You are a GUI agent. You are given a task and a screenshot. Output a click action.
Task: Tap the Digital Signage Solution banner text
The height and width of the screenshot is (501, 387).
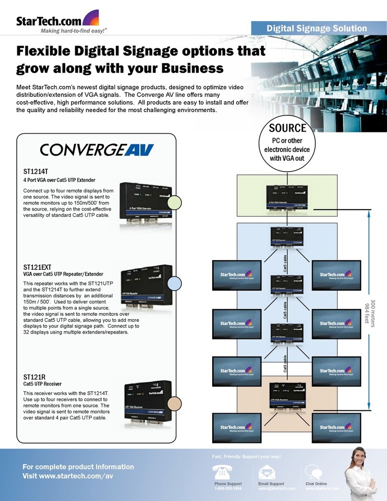pyautogui.click(x=317, y=29)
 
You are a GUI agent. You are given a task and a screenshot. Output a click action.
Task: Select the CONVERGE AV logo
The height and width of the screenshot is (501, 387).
pyautogui.click(x=96, y=151)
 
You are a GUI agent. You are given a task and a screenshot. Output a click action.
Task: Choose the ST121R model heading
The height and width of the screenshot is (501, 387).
pyautogui.click(x=34, y=377)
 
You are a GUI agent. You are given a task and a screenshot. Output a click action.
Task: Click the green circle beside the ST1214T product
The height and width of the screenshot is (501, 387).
pyautogui.click(x=175, y=202)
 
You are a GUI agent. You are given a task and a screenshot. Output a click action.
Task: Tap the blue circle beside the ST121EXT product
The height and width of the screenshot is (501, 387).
pyautogui.click(x=175, y=283)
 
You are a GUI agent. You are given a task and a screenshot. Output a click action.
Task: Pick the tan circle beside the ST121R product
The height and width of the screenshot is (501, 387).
pyautogui.click(x=175, y=402)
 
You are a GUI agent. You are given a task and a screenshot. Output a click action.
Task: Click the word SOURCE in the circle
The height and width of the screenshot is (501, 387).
pyautogui.click(x=287, y=128)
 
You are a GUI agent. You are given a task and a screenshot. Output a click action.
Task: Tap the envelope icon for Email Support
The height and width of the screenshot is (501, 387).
pyautogui.click(x=267, y=472)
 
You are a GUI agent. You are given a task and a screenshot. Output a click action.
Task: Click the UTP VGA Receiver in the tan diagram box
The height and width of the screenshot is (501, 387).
pyautogui.click(x=286, y=395)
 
